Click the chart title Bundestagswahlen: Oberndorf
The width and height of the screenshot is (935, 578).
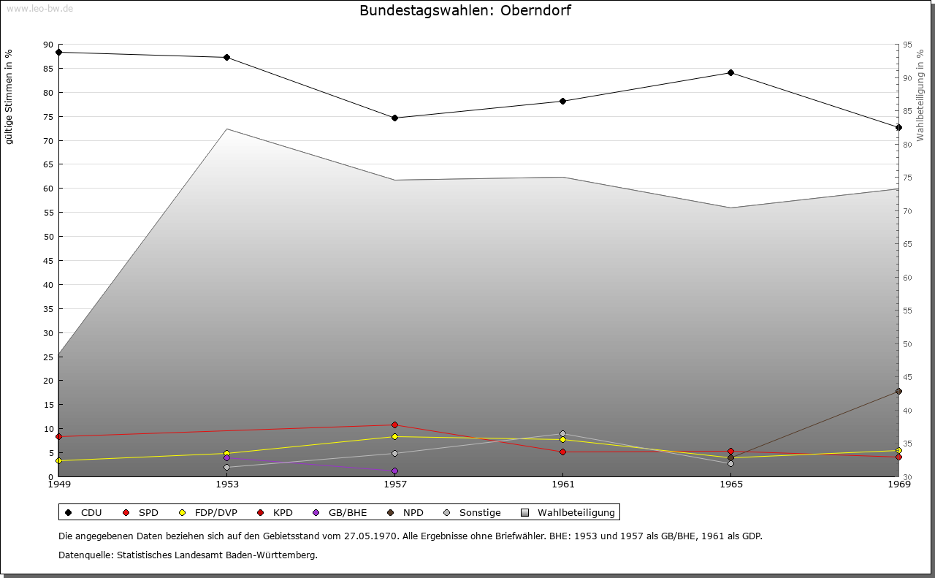click(x=465, y=11)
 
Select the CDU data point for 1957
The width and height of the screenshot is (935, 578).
click(x=394, y=118)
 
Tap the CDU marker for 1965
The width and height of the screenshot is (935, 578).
click(x=730, y=72)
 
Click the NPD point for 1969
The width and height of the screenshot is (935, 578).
click(x=898, y=392)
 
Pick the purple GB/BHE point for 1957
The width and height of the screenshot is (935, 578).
click(x=394, y=471)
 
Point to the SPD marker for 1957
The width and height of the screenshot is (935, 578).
click(x=394, y=425)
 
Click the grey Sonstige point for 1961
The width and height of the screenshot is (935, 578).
click(x=562, y=433)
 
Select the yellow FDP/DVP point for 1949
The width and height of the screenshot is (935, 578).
click(x=58, y=460)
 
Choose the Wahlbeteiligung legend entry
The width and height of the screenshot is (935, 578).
click(x=569, y=513)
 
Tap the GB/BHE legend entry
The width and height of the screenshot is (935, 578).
click(x=340, y=513)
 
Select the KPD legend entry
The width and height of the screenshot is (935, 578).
click(x=275, y=513)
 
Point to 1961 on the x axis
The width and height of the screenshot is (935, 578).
click(x=562, y=484)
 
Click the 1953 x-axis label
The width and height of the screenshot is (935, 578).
click(x=226, y=484)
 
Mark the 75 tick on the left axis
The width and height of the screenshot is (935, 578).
click(x=48, y=117)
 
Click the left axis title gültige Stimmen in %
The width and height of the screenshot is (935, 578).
click(x=9, y=96)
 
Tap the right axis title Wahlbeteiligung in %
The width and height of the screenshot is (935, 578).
click(x=920, y=96)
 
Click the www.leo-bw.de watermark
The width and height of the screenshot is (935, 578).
click(x=38, y=8)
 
